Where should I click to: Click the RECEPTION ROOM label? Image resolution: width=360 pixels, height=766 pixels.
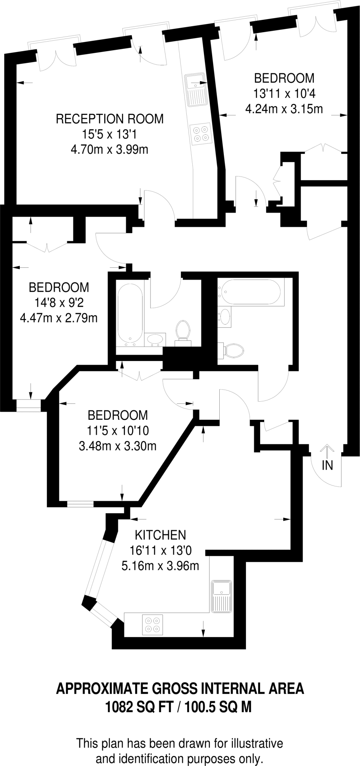coord(110,119)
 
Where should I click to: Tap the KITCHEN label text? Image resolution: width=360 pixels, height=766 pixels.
coord(160,535)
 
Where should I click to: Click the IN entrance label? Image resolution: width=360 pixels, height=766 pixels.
coord(327,465)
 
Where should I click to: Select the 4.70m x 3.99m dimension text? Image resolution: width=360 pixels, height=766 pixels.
coord(109,150)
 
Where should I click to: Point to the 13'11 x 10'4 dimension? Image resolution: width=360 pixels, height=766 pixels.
coord(284,94)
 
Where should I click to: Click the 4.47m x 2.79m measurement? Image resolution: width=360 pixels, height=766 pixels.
coord(59,318)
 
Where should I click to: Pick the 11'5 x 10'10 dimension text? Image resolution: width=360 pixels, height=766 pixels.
coord(118,431)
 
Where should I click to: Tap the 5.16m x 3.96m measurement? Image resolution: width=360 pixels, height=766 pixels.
coord(160,566)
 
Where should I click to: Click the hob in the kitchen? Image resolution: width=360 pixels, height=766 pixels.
coord(153,625)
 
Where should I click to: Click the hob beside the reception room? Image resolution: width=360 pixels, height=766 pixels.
coord(200,134)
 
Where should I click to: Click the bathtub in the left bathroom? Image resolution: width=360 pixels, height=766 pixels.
coord(130,316)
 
